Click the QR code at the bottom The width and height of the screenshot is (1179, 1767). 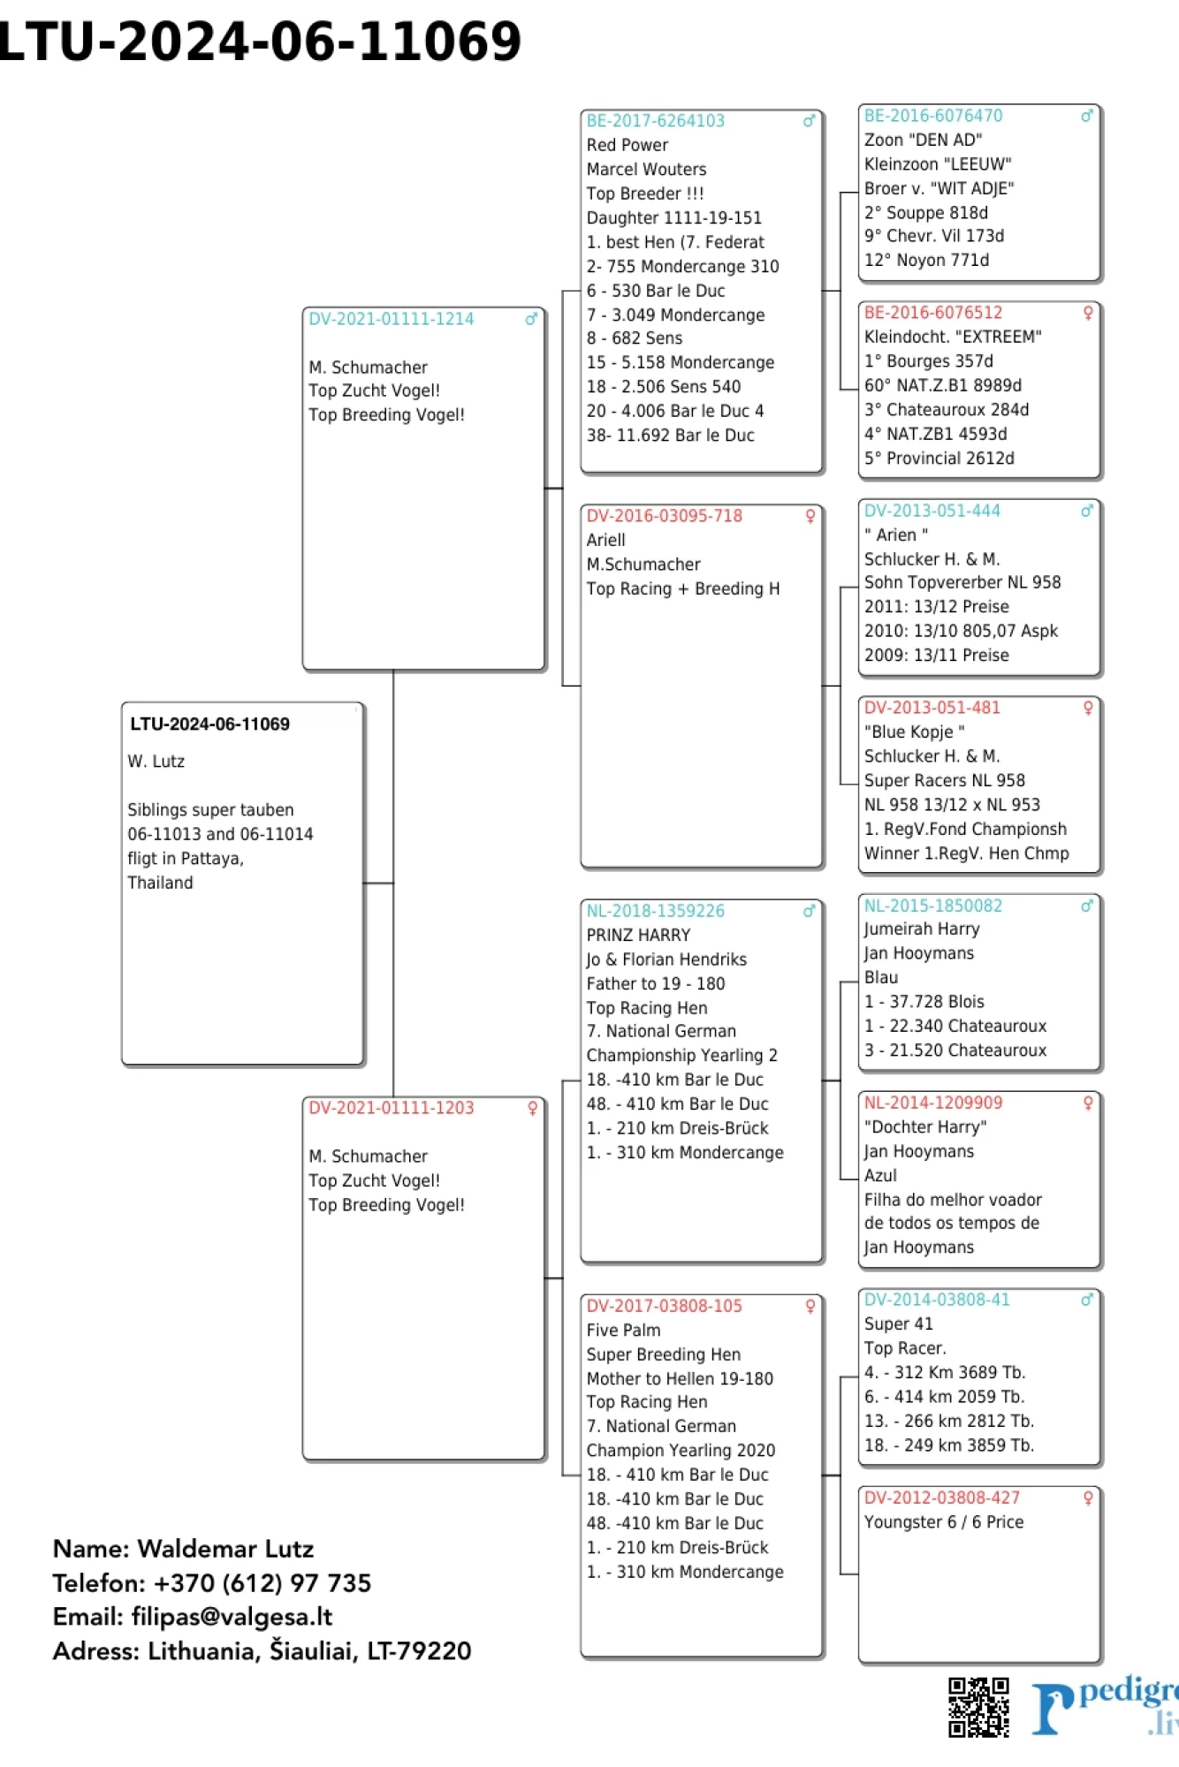click(x=978, y=1706)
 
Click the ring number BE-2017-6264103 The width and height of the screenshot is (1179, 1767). click(x=655, y=121)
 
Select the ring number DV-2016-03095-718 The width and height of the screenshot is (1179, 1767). click(x=664, y=516)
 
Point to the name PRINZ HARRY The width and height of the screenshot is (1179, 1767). click(x=638, y=935)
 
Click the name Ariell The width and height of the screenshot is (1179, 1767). click(x=605, y=540)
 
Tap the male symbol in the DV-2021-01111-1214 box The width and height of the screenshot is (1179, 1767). click(x=531, y=319)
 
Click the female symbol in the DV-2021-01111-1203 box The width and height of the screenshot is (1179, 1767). click(x=532, y=1108)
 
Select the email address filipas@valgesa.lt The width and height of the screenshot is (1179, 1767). click(x=232, y=1617)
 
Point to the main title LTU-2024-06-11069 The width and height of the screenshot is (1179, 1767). click(x=260, y=42)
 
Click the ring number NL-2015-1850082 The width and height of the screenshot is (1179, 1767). click(x=932, y=906)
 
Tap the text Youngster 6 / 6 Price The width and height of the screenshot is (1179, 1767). click(x=943, y=1522)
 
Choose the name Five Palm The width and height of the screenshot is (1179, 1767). click(x=623, y=1331)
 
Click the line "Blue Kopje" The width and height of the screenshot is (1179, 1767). click(x=914, y=732)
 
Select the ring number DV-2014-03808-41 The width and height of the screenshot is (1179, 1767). click(x=936, y=1300)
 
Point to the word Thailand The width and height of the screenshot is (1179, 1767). click(x=160, y=883)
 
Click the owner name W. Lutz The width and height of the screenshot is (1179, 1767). click(x=156, y=762)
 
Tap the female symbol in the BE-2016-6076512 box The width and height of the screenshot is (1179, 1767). click(x=1088, y=313)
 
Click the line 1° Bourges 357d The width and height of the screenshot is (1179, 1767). click(x=928, y=361)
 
